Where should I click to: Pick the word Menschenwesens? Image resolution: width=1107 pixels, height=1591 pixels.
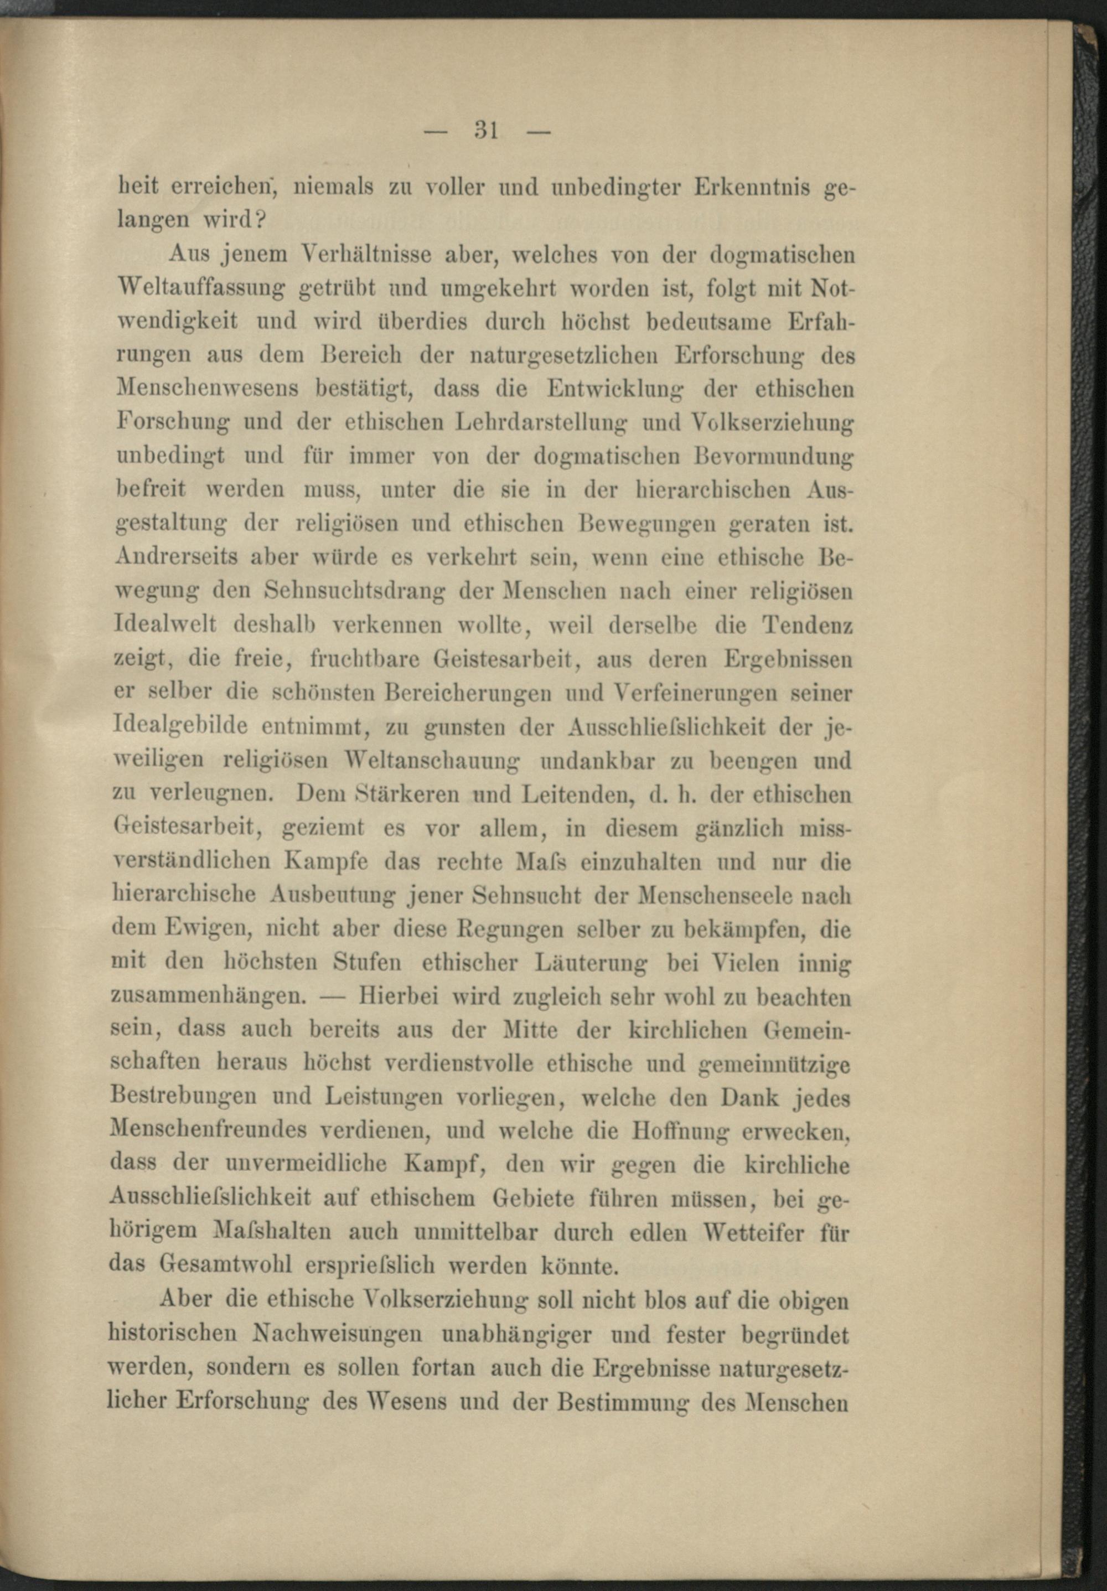[208, 389]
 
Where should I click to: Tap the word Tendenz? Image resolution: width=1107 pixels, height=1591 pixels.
[806, 625]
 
